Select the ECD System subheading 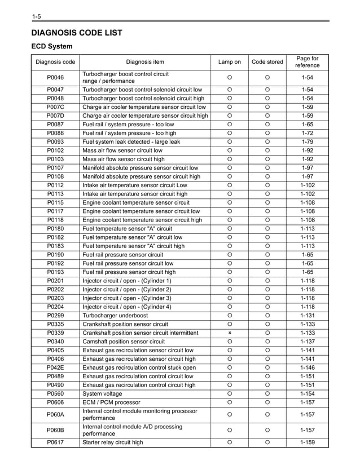tap(51, 46)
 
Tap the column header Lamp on tap(230, 62)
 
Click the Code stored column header tap(267, 62)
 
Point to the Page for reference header tap(308, 62)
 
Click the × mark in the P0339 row tap(230, 333)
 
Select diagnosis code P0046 tap(55, 77)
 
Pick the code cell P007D tap(55, 116)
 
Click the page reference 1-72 tap(308, 133)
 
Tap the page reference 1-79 tap(308, 141)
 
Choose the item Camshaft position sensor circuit tap(124, 341)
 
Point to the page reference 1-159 tap(308, 442)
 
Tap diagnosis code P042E tap(55, 367)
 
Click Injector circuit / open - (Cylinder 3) tap(127, 298)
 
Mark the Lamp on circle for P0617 tap(230, 442)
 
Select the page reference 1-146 tap(308, 367)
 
